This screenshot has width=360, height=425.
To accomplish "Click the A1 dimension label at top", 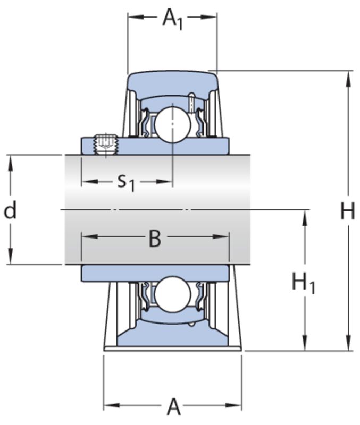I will tap(172, 19).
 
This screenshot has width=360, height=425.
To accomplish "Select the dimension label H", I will tap(347, 211).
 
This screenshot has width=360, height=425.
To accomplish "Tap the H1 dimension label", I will tap(303, 283).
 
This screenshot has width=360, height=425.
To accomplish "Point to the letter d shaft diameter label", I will tap(10, 211).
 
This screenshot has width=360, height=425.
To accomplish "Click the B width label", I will tap(154, 239).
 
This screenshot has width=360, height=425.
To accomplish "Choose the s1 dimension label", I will tap(125, 182).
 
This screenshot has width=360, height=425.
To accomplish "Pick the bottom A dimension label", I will tap(173, 407).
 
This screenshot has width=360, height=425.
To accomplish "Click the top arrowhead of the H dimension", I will tap(348, 76).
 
